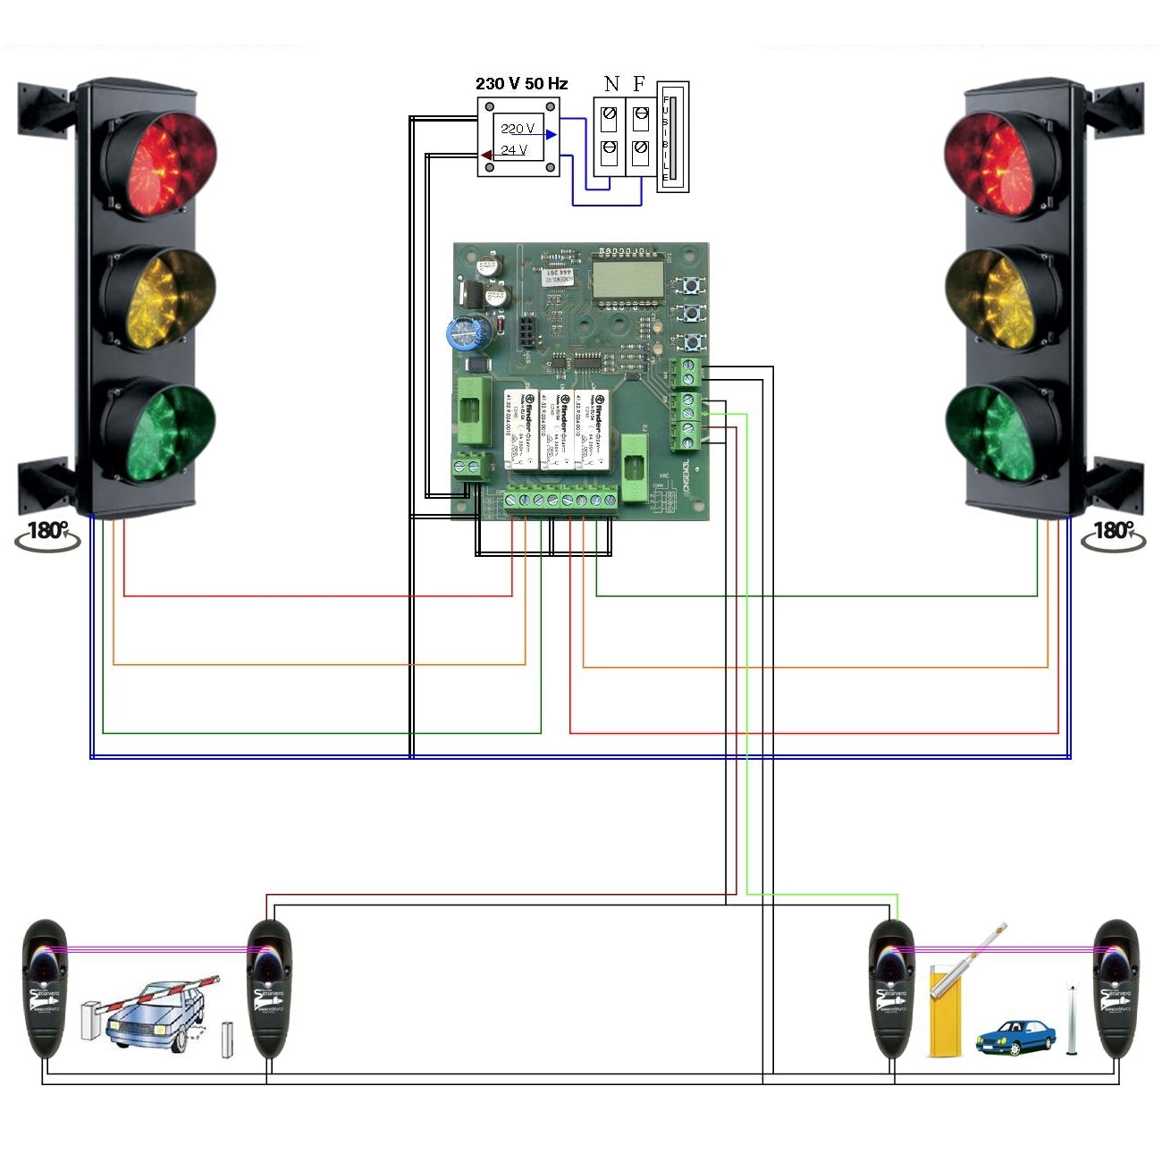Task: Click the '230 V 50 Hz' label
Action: pyautogui.click(x=521, y=84)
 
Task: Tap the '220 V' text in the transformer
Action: pyautogui.click(x=518, y=129)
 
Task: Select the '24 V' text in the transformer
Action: pyautogui.click(x=514, y=150)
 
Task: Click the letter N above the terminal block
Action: pyautogui.click(x=611, y=84)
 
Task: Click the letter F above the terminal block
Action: pyautogui.click(x=639, y=84)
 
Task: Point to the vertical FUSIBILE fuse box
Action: pyautogui.click(x=673, y=137)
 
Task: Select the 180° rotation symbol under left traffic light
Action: pyautogui.click(x=46, y=534)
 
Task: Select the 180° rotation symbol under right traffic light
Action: pyautogui.click(x=1113, y=534)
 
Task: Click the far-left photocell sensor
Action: pyautogui.click(x=45, y=989)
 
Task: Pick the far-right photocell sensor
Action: pyautogui.click(x=1116, y=989)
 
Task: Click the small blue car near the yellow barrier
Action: pyautogui.click(x=1015, y=1037)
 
